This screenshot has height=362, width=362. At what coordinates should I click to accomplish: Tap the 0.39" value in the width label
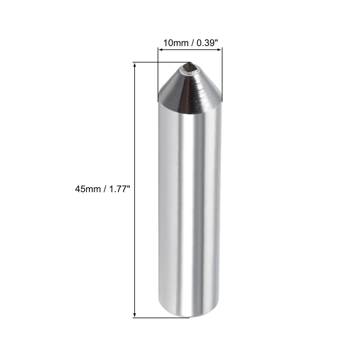pyautogui.click(x=207, y=42)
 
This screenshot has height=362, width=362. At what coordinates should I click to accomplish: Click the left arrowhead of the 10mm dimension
pyautogui.click(x=160, y=50)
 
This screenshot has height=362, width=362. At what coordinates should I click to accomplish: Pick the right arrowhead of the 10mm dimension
pyautogui.click(x=220, y=50)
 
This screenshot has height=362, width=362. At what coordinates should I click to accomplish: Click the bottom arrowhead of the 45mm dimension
pyautogui.click(x=134, y=315)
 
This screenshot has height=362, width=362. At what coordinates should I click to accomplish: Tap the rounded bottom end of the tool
pyautogui.click(x=190, y=314)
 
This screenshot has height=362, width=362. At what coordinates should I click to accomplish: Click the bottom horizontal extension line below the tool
pyautogui.click(x=161, y=318)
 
